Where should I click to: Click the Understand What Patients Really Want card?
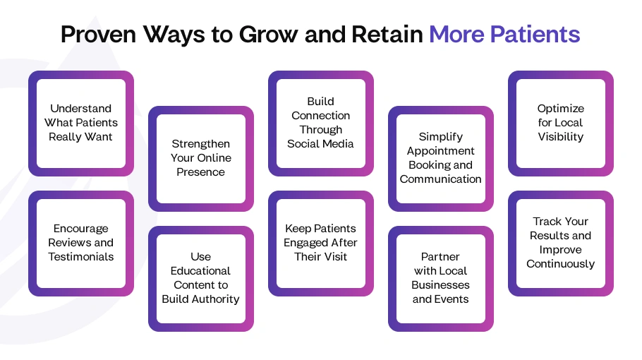(81, 123)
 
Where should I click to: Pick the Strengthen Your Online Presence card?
(201, 158)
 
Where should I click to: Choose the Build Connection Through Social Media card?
(321, 123)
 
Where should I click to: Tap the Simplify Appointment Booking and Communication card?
(441, 158)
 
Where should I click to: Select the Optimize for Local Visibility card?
(561, 123)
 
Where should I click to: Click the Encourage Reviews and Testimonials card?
(81, 243)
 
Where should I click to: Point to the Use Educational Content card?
(201, 278)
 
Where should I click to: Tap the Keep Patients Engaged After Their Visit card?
(321, 243)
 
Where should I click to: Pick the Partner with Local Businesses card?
(441, 278)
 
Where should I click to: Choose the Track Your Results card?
(561, 243)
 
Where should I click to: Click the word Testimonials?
(81, 257)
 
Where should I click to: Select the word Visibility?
(561, 137)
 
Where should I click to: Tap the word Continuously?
(561, 264)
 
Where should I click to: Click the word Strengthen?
(201, 144)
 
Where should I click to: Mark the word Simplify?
(441, 137)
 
